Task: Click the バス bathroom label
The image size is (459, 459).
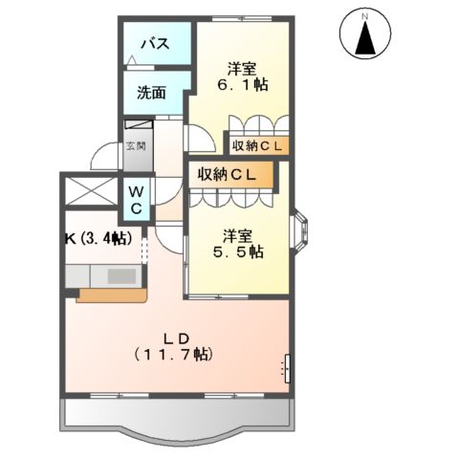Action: pyautogui.click(x=156, y=44)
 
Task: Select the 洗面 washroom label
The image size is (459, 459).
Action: pyautogui.click(x=151, y=93)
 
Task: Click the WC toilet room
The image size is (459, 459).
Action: pyautogui.click(x=136, y=199)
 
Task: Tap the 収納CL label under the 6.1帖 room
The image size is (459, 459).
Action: pyautogui.click(x=259, y=145)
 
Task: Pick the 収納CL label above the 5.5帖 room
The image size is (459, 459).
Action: pyautogui.click(x=228, y=174)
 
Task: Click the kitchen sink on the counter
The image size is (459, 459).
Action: pyautogui.click(x=122, y=276)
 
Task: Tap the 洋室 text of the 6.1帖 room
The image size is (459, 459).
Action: pyautogui.click(x=241, y=67)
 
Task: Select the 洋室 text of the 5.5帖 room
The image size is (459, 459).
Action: pyautogui.click(x=238, y=233)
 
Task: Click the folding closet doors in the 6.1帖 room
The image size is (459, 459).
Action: pyautogui.click(x=256, y=124)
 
